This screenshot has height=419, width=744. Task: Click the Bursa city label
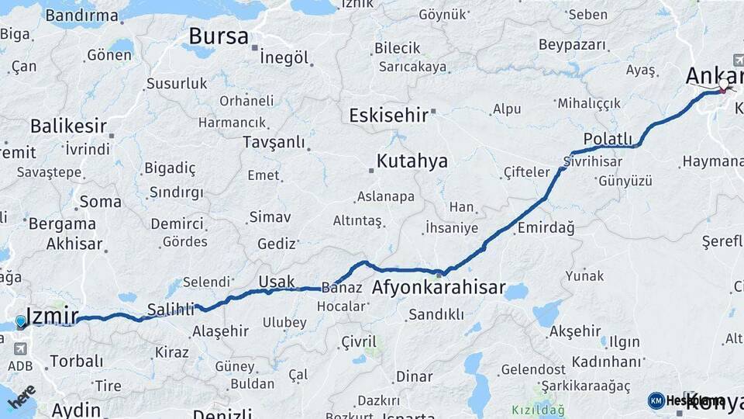coord(219,36)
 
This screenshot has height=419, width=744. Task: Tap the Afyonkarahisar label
coord(439,288)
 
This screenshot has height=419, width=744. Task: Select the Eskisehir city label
coord(388,116)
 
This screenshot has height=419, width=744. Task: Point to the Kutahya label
coord(412,161)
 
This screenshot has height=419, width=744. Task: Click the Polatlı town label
coord(608,139)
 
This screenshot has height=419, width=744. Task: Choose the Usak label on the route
coord(277,281)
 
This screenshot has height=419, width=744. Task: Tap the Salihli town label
coord(170,310)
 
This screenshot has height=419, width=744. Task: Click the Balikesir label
coord(67,126)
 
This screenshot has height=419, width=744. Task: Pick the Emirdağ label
coord(546,227)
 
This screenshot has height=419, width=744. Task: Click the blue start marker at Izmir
coord(21,321)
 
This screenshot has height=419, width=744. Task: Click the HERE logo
coord(21,396)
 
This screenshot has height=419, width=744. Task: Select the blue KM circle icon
coord(656,400)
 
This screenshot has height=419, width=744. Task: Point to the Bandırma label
coord(81,15)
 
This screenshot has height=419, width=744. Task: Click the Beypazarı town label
coord(572,44)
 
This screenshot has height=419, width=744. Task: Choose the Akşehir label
coord(575,331)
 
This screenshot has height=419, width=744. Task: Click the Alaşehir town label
coord(220,331)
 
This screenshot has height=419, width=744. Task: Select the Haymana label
coord(712,161)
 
